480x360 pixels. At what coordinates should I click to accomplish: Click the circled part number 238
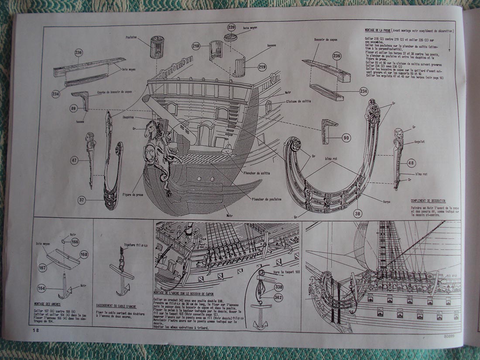79,53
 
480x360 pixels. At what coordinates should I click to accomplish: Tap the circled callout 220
231,27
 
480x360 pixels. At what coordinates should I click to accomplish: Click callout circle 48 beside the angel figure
411,163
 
